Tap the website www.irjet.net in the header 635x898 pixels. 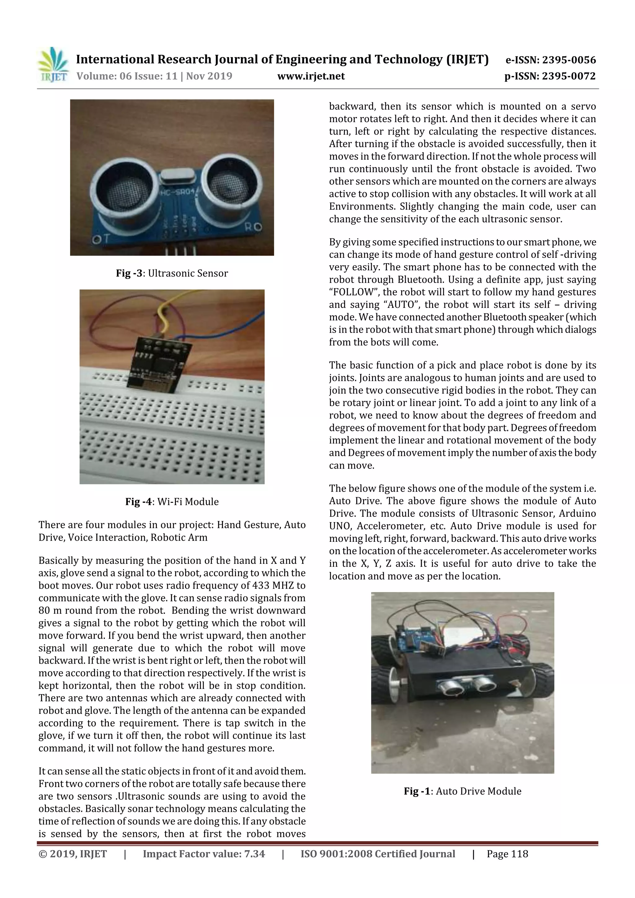click(311, 76)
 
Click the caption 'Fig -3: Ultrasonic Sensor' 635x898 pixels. click(172, 273)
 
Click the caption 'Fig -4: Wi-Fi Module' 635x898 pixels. click(172, 502)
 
